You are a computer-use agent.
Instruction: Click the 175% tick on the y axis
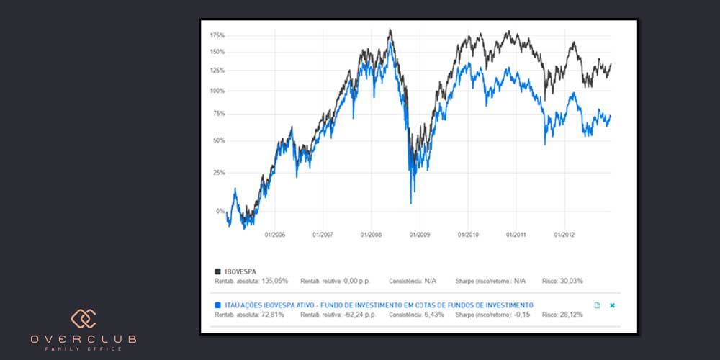(217, 35)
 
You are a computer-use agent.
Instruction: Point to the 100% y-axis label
(217, 91)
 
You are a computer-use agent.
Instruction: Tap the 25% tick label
(219, 173)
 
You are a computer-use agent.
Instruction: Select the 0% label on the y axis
(220, 211)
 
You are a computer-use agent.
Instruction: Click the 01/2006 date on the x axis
(275, 235)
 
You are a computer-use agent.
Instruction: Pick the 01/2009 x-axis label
(420, 235)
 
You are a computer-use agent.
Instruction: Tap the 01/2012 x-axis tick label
(564, 235)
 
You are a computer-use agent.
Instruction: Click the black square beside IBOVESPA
(217, 271)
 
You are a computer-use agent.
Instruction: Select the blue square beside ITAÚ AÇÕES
(217, 305)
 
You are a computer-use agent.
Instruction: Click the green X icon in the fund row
(613, 305)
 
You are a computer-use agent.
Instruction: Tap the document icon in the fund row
(597, 305)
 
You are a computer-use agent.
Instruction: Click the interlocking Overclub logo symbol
(83, 319)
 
